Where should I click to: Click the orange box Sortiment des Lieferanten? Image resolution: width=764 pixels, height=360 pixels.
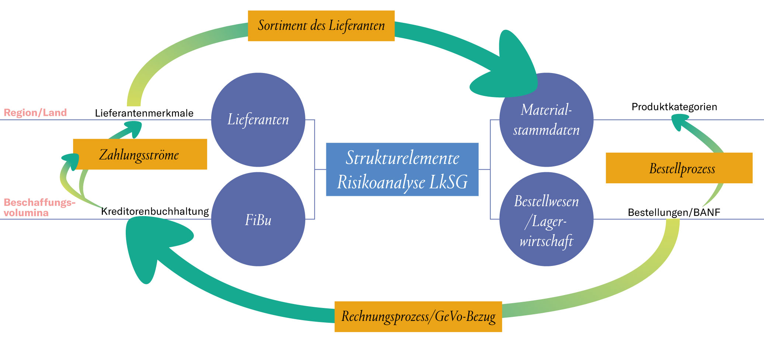pos(321,26)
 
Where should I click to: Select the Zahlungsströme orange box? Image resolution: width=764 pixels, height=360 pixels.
pos(140,155)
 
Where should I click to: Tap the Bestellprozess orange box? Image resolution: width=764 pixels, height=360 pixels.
pos(679,168)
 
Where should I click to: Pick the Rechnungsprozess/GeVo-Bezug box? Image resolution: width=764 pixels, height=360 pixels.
pos(418,316)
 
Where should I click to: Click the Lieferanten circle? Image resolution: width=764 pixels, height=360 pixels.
pos(258,120)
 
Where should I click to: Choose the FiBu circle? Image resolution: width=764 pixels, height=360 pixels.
pos(258,219)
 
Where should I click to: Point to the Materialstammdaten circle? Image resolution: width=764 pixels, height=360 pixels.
pos(546,120)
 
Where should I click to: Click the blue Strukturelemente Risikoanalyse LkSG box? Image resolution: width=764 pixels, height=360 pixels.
pos(402,169)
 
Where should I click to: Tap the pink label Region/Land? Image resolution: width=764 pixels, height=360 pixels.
pos(35,112)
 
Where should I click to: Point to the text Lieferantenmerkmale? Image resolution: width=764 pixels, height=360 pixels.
pos(144,113)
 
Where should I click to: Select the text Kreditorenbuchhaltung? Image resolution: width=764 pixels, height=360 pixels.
pos(155,211)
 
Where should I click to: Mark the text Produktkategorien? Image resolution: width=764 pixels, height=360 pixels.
pos(674,107)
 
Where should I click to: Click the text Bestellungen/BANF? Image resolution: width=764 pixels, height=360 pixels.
pos(674,212)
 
